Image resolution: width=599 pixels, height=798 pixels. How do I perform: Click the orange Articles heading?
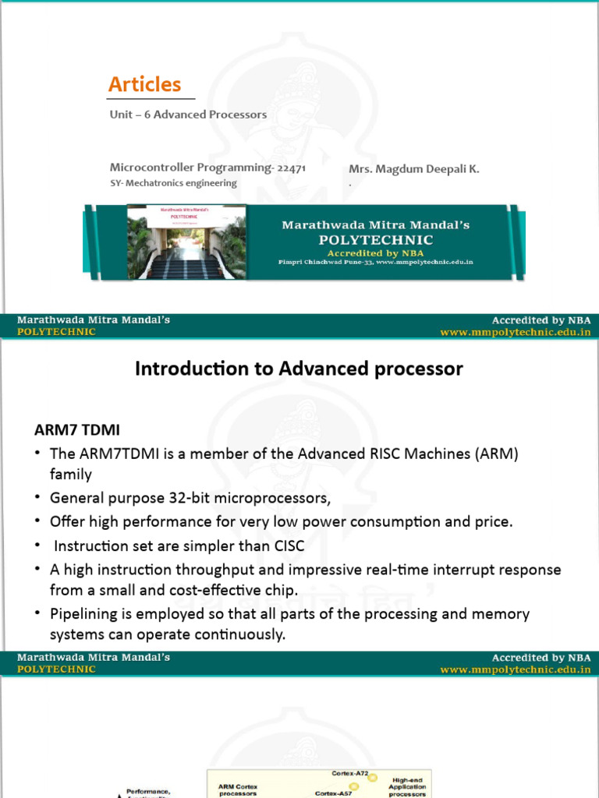145,84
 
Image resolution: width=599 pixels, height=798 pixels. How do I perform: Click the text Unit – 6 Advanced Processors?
188,115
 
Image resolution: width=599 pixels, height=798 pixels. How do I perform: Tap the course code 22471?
292,168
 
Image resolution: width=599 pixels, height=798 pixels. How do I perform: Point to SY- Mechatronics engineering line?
173,183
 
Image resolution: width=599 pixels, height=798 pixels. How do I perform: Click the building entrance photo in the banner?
186,242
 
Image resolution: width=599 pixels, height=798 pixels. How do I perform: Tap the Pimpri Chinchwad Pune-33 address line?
375,263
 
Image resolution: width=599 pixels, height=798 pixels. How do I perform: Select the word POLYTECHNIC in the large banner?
376,239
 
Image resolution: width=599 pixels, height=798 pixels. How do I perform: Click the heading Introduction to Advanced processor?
299,369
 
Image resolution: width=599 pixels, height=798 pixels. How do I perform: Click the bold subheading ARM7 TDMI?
76,430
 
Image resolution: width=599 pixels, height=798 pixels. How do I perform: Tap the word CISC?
286,546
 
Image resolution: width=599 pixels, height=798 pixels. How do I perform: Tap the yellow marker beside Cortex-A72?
374,778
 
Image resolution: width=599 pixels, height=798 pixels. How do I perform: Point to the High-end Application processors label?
409,786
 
